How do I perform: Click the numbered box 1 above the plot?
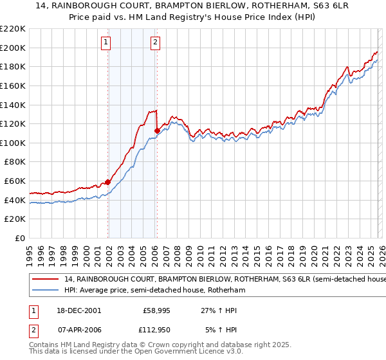106,43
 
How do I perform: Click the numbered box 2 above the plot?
156,43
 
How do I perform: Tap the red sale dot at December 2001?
108,182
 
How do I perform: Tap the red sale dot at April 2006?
157,130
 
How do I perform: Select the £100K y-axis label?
14,143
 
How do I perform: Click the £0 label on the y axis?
20,239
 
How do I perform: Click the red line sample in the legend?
46,280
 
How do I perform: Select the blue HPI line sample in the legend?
46,291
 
